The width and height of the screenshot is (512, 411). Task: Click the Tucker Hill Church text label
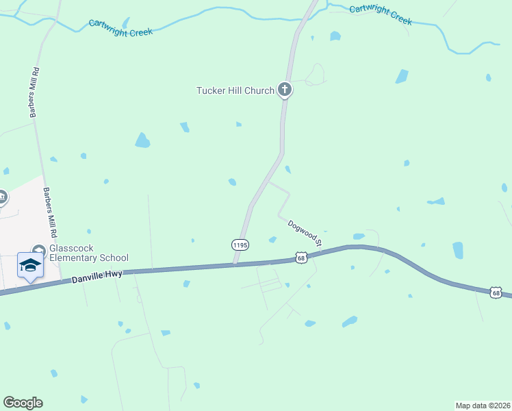click(x=235, y=90)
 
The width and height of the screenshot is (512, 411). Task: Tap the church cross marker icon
click(x=285, y=89)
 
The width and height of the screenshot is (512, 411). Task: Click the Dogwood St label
click(x=305, y=232)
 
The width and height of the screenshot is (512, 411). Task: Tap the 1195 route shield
click(x=240, y=245)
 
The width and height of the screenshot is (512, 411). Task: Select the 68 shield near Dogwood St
click(x=301, y=257)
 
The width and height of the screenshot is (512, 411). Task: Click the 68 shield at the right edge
click(x=496, y=292)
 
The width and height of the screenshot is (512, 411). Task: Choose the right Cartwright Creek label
click(x=380, y=14)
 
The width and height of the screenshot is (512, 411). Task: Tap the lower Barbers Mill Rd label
click(x=48, y=209)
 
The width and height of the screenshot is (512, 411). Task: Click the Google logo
click(x=23, y=403)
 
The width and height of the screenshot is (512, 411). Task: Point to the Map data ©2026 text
click(x=483, y=405)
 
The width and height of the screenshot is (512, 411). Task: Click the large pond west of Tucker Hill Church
click(x=142, y=140)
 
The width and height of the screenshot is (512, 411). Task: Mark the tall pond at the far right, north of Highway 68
click(x=458, y=250)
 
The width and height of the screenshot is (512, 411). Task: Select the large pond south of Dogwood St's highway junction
click(x=350, y=321)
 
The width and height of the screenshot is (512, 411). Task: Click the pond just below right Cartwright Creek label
click(x=335, y=36)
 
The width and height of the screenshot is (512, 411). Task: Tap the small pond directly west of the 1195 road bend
click(x=232, y=182)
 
